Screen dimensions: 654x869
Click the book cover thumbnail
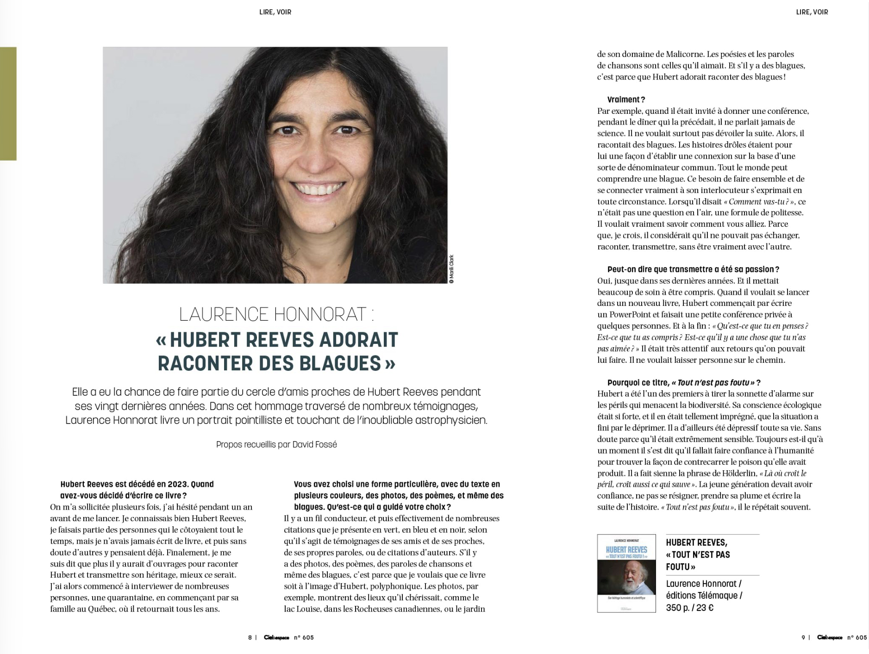pyautogui.click(x=626, y=573)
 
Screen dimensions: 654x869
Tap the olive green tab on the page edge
pyautogui.click(x=8, y=104)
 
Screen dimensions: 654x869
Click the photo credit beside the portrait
pyautogui.click(x=451, y=268)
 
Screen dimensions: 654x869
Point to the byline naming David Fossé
pyautogui.click(x=276, y=444)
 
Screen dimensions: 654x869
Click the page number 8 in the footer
pyautogui.click(x=250, y=637)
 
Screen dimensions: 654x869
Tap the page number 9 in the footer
pyautogui.click(x=803, y=637)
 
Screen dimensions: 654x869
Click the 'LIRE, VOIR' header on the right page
pyautogui.click(x=812, y=12)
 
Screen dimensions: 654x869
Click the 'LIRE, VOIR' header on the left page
pyautogui.click(x=275, y=12)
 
